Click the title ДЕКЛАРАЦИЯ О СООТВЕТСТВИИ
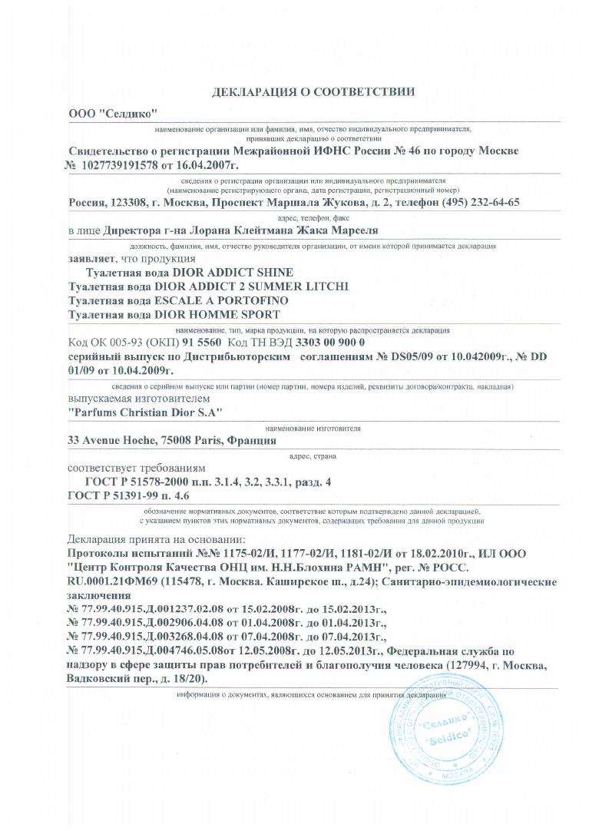click(x=313, y=91)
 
